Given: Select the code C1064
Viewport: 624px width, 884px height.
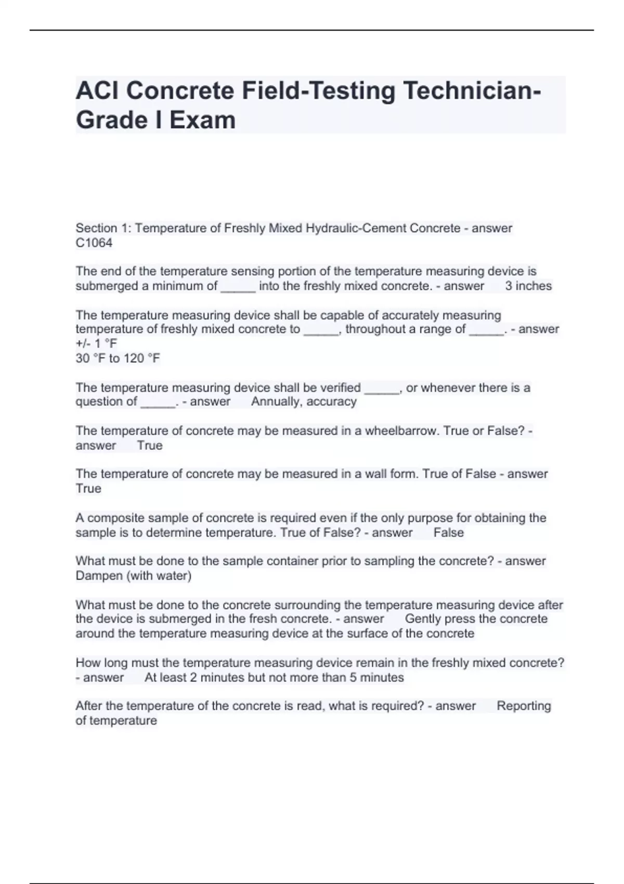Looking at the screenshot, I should coord(94,243).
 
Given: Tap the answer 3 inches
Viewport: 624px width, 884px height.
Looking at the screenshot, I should coord(528,286).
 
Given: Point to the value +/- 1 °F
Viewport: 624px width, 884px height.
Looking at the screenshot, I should coord(96,343).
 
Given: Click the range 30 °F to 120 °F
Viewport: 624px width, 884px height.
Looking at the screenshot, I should coord(118,358).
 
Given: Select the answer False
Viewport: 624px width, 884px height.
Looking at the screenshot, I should coord(448,532).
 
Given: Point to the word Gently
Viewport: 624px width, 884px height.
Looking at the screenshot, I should coord(424,619).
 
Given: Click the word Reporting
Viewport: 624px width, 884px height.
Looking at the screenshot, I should coord(524,706).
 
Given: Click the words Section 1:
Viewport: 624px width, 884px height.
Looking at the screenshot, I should coord(103,228).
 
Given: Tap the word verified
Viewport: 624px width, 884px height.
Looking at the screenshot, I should coord(340,387).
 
